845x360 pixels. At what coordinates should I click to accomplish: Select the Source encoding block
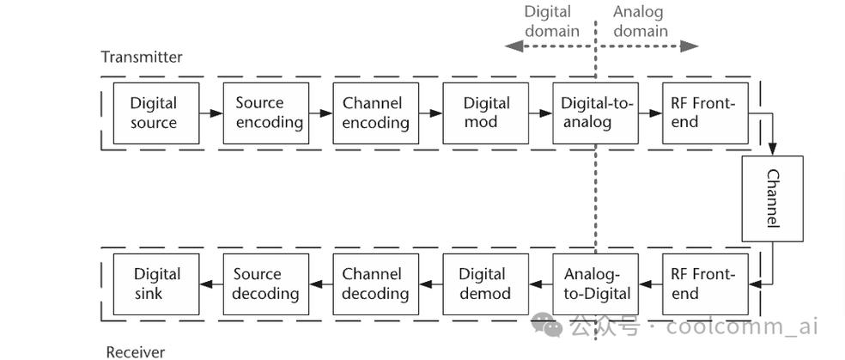[266, 113]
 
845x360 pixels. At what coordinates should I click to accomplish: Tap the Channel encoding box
[376, 113]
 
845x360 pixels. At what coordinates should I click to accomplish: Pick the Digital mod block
[486, 113]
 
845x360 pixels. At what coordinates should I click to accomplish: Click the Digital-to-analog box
[596, 113]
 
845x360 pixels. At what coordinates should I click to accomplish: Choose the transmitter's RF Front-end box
[705, 113]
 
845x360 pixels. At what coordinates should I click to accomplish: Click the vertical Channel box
[772, 198]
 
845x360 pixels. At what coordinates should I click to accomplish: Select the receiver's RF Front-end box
[705, 284]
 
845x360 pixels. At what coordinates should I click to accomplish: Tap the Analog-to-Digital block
[596, 284]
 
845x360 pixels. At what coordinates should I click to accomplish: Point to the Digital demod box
[486, 284]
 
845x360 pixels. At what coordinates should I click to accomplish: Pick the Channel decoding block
[376, 284]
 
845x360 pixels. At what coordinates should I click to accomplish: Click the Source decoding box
[266, 284]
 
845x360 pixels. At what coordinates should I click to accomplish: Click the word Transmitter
[142, 58]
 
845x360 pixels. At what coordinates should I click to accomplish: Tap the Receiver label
[135, 351]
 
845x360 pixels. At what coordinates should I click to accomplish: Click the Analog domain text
[640, 21]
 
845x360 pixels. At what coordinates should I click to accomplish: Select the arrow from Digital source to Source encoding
[211, 113]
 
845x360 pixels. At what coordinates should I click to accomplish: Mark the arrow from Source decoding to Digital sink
[211, 284]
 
